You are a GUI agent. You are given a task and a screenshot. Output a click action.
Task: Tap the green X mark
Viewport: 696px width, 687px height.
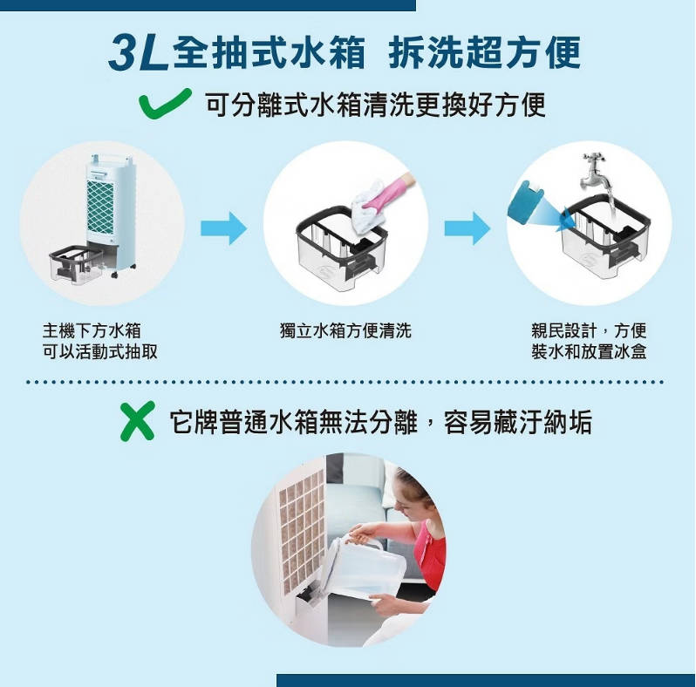[x=138, y=420]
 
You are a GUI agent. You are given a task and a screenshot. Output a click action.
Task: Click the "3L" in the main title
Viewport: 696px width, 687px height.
[x=138, y=54]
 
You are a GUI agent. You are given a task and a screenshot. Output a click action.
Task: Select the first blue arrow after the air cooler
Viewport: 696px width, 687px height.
[x=223, y=228]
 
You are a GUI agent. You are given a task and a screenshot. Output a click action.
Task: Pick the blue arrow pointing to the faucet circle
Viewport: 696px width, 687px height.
[x=467, y=228]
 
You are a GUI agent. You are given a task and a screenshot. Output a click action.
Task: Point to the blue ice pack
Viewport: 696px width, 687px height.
[x=526, y=201]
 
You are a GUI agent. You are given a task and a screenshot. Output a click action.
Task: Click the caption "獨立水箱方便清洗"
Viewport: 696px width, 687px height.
[x=345, y=330]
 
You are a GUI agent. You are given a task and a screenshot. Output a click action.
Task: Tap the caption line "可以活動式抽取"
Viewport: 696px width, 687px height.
[x=100, y=351]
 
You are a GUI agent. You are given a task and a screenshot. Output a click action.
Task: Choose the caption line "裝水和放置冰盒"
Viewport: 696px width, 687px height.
[x=589, y=351]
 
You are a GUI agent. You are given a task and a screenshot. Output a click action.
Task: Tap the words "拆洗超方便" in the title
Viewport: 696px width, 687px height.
[x=484, y=54]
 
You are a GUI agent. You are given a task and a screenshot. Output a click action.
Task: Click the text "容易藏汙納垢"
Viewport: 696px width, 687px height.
[x=518, y=422]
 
